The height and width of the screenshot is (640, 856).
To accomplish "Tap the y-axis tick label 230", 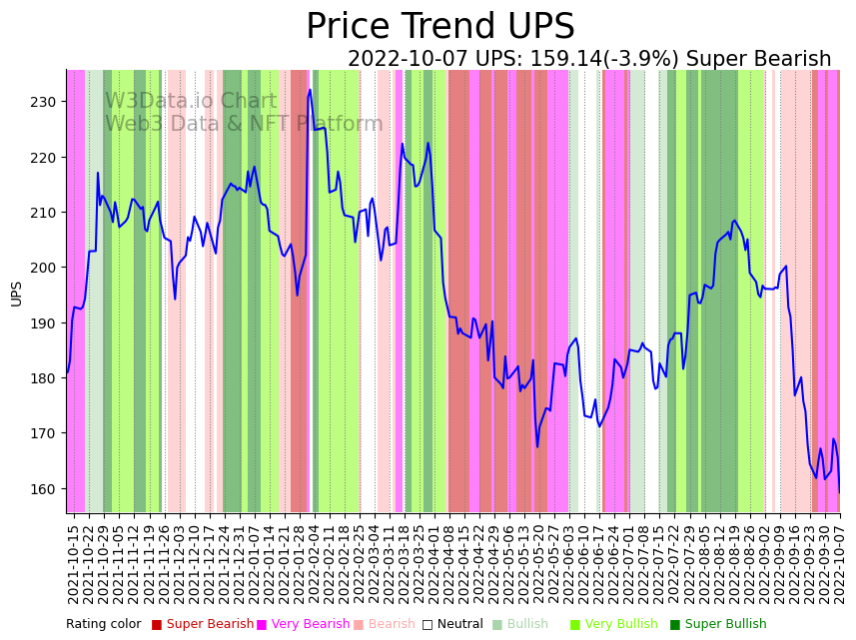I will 43,102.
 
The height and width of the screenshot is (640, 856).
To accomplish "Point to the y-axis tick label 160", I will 43,489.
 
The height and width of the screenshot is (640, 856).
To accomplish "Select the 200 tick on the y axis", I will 43,268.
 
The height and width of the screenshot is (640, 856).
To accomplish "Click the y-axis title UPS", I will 16,293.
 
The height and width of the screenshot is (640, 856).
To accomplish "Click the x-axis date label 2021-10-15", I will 73,563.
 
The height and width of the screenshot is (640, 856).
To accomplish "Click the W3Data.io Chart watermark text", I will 191,101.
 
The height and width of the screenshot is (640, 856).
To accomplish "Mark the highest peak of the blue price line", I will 310,90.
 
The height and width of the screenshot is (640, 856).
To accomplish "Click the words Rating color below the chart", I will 104,624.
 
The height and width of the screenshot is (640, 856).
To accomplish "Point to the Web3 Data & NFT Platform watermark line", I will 244,124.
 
